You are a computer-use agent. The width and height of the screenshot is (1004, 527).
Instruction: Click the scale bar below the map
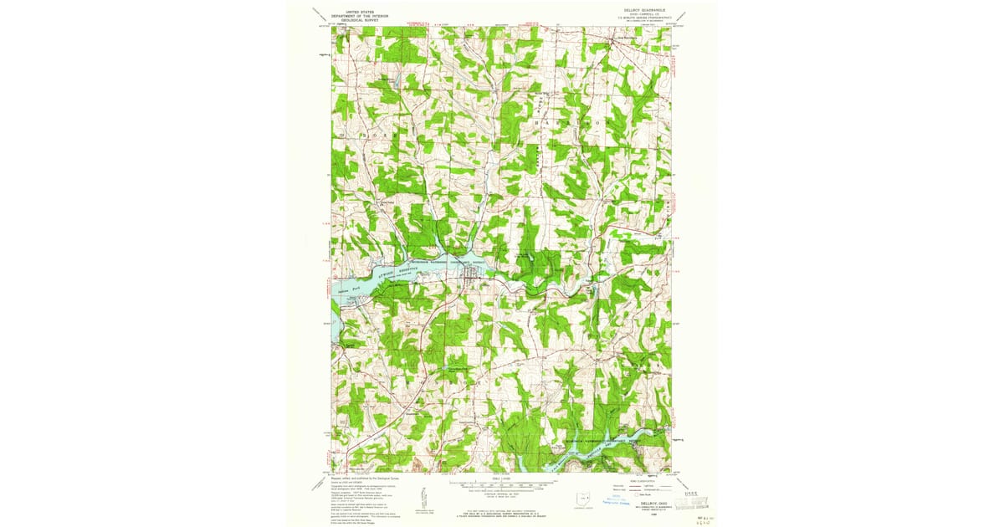click(501, 484)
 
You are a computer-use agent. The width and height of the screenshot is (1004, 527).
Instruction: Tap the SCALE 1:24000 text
click(501, 478)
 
